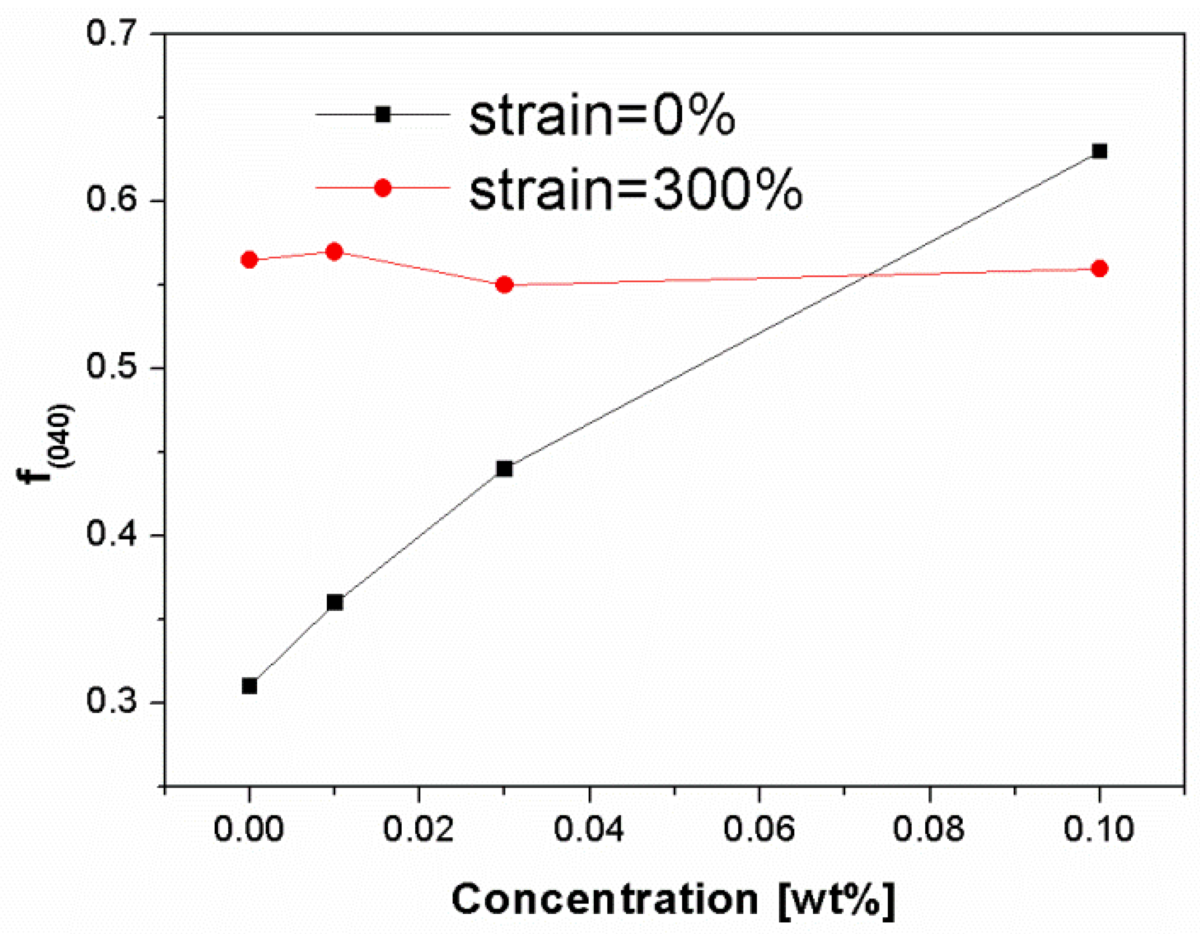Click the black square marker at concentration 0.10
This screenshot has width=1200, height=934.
tap(1099, 151)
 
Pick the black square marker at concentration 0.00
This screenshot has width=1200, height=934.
tap(249, 686)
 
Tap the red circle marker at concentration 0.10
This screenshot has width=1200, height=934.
tap(1099, 269)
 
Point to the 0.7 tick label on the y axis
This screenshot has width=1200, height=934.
tap(110, 33)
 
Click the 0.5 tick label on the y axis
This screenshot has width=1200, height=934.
tap(110, 367)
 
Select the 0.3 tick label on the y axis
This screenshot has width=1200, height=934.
tap(110, 702)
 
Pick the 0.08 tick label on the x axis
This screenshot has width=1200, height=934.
tap(929, 829)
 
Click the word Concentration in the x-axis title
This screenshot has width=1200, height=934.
tap(605, 899)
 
